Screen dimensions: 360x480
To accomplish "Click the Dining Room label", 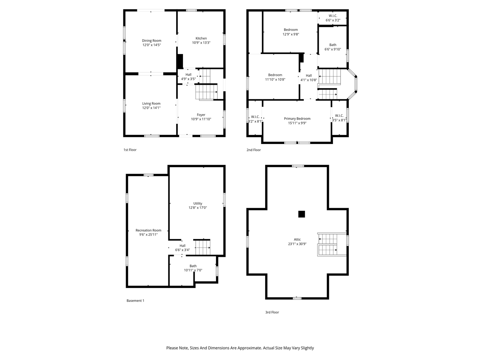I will coord(151,40).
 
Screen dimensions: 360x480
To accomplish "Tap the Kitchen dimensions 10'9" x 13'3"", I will coord(201,43).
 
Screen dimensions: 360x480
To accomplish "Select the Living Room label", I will coord(151,103).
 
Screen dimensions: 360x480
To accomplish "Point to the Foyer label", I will coord(201,115).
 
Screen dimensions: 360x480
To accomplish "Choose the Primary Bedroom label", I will coord(297,118).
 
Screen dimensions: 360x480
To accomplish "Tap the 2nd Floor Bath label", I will coord(333,45).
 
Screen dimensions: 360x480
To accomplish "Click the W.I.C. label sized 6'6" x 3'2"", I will coord(333,16).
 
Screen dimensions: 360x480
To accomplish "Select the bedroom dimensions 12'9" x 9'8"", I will coord(291,34).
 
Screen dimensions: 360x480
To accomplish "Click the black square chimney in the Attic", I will coord(301,214).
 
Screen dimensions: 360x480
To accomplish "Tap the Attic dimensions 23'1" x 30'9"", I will coord(297,244).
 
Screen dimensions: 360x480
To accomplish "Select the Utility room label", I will coord(198,203).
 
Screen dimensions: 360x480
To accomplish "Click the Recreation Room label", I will coord(148,230).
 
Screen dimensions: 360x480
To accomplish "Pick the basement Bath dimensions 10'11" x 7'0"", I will coord(193,270).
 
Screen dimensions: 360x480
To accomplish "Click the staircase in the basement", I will coord(202,247).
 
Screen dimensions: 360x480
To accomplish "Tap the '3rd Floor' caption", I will coord(272,312).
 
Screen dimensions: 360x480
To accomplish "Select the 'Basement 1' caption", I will coord(135,300).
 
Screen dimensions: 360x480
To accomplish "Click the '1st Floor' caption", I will coord(130,150).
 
